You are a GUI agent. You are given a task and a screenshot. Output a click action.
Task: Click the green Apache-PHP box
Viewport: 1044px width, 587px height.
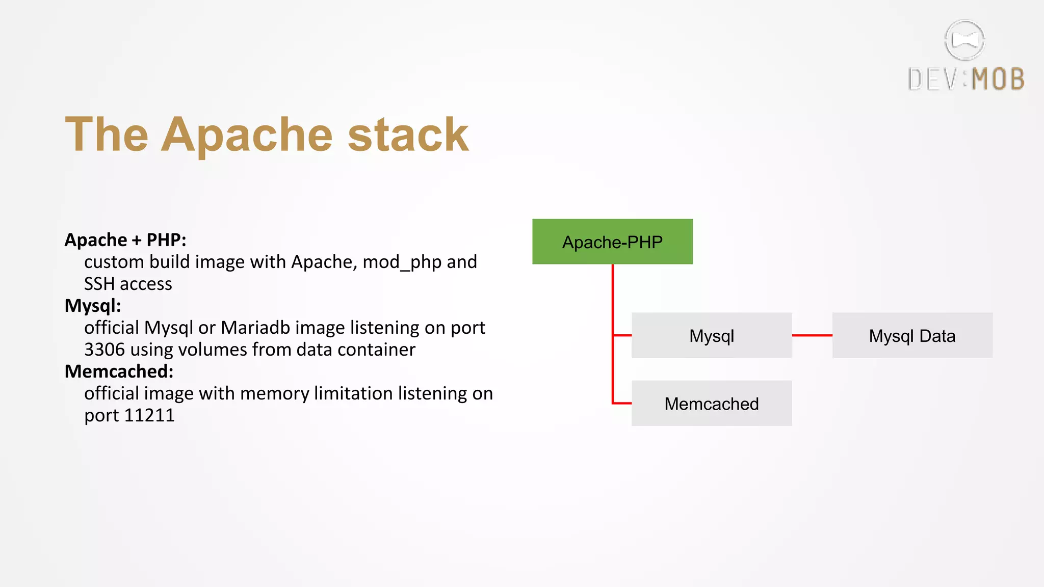tap(612, 242)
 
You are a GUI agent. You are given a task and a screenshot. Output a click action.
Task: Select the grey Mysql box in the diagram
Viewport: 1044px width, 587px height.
tap(711, 335)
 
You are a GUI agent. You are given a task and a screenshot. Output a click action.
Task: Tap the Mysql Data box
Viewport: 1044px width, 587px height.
tap(912, 335)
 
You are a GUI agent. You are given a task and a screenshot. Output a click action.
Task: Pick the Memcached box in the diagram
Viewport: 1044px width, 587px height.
tap(711, 403)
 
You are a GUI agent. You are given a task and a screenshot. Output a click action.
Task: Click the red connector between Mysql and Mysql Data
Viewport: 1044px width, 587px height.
tap(812, 335)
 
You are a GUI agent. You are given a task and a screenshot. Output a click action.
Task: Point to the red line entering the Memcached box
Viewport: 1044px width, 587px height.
tap(622, 403)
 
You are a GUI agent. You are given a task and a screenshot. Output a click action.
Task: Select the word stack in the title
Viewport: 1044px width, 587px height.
tap(408, 135)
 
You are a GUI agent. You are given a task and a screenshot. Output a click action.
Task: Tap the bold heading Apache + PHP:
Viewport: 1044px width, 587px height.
tap(125, 240)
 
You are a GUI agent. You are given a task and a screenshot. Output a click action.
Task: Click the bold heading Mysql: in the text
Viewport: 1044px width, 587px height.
tap(93, 306)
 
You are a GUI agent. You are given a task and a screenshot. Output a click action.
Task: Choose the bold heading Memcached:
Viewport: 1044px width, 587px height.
tap(119, 371)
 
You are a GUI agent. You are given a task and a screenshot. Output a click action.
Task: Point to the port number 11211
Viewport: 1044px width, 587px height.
tap(149, 415)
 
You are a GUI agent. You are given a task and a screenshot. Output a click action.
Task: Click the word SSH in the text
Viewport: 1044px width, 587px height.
tap(99, 284)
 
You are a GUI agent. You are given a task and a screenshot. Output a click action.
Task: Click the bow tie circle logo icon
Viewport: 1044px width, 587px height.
tap(964, 40)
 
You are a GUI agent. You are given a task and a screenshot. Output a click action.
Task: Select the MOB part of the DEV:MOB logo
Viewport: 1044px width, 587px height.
tap(998, 79)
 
